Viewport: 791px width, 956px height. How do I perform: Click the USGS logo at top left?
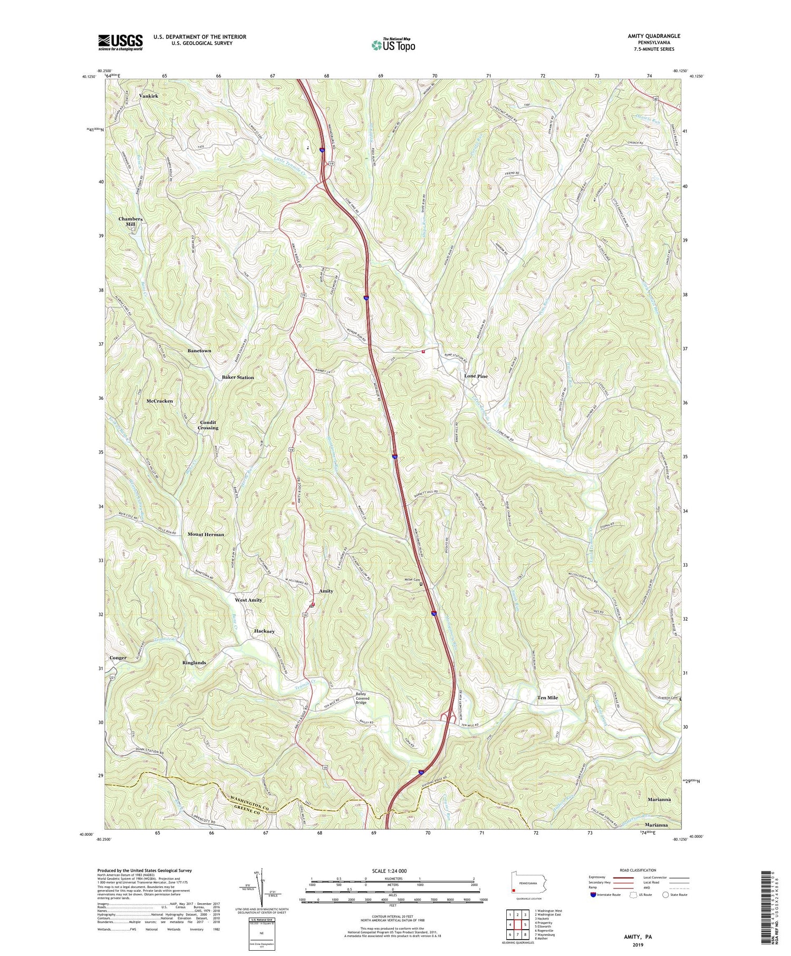click(120, 42)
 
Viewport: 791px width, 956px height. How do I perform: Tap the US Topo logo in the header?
click(393, 45)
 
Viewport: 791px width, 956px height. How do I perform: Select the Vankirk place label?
click(148, 96)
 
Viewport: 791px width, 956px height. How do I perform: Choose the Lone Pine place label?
click(476, 376)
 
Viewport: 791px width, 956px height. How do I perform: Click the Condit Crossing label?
click(208, 425)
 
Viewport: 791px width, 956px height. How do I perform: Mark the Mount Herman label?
click(206, 534)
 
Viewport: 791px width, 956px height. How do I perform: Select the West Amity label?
click(248, 600)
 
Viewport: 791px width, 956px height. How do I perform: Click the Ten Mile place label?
click(547, 698)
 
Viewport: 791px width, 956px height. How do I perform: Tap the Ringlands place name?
click(194, 662)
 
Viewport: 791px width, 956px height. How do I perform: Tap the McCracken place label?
click(160, 401)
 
